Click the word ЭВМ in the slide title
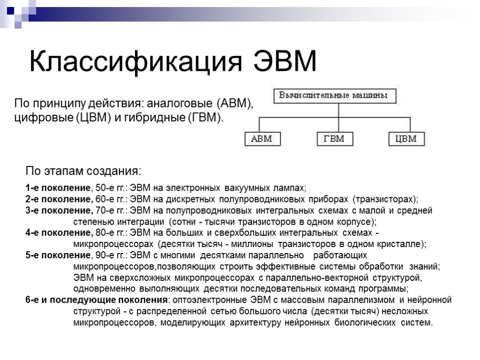tap(285, 61)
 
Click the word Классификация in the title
tap(136, 62)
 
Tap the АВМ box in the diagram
tap(262, 139)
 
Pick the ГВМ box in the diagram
tap(334, 139)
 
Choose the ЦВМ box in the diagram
tap(406, 139)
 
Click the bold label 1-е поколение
tap(58, 188)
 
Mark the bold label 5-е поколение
tap(58, 255)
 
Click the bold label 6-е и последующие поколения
tap(97, 300)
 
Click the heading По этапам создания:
tap(83, 169)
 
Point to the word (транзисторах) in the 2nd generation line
tap(385, 199)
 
